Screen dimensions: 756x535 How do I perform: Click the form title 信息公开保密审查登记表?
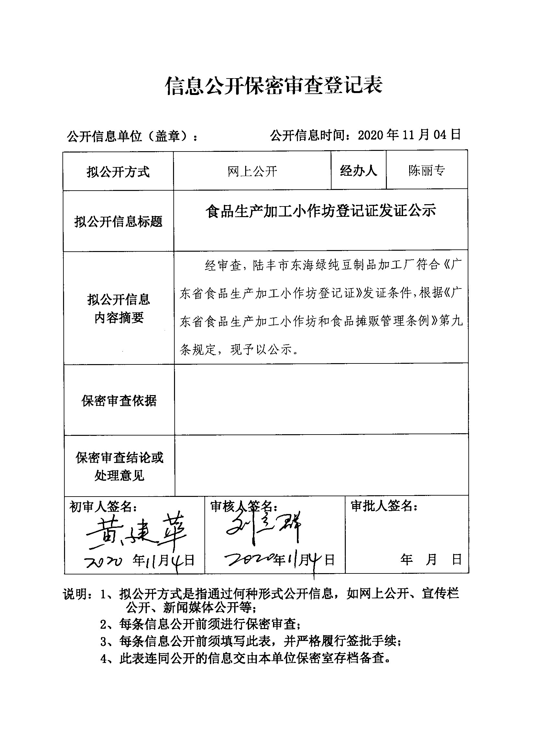pyautogui.click(x=273, y=86)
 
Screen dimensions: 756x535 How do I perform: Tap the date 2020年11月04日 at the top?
pyautogui.click(x=409, y=135)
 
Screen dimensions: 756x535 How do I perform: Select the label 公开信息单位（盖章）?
pyautogui.click(x=132, y=136)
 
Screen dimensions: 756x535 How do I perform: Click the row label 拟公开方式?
pyautogui.click(x=118, y=172)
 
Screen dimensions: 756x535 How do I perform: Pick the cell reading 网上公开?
pyautogui.click(x=252, y=171)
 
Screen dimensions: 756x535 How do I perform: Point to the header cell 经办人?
pyautogui.click(x=358, y=171)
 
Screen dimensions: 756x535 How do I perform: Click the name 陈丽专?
pyautogui.click(x=427, y=171)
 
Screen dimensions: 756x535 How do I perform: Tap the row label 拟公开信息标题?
pyautogui.click(x=118, y=222)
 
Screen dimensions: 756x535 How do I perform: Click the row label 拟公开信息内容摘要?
pyautogui.click(x=119, y=309)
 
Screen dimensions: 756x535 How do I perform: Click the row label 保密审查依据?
pyautogui.click(x=119, y=401)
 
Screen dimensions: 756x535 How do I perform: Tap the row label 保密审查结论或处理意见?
pyautogui.click(x=119, y=467)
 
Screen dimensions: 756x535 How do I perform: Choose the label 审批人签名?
pyautogui.click(x=384, y=506)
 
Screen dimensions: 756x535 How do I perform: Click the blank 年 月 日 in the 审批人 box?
pyautogui.click(x=431, y=560)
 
